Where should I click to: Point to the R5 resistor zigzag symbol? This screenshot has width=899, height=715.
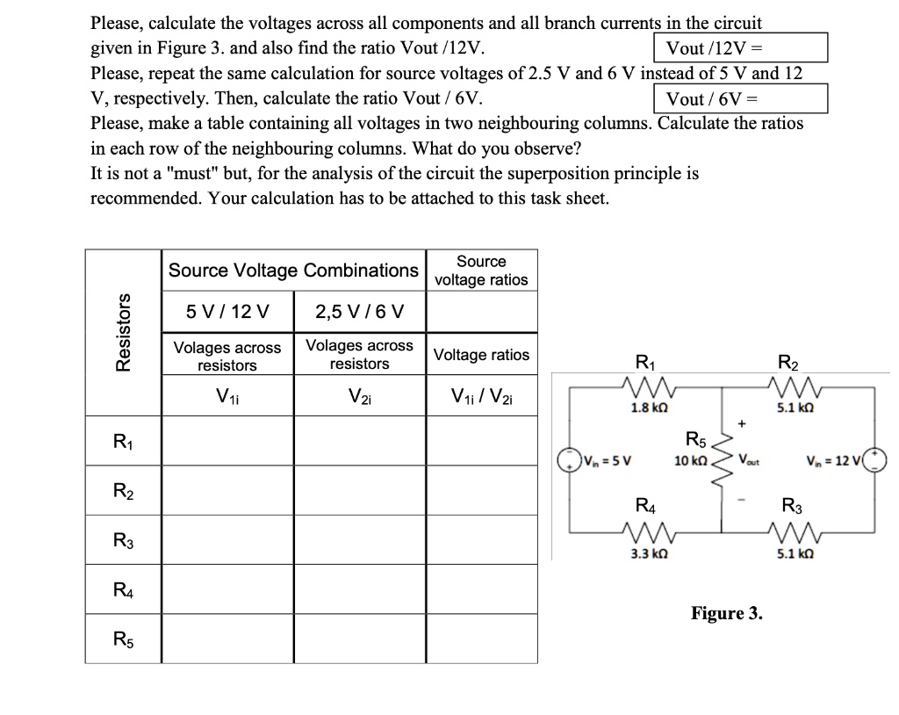click(722, 459)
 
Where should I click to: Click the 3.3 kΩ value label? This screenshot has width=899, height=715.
click(644, 554)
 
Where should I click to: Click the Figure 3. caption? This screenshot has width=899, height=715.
click(727, 612)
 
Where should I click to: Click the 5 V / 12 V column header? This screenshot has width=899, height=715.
click(227, 311)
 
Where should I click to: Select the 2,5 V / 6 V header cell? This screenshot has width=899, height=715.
click(359, 311)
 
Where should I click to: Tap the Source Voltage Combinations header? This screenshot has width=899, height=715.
click(293, 271)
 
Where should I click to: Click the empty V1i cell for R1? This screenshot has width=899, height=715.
click(227, 441)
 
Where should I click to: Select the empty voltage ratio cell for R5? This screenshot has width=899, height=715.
click(481, 639)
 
